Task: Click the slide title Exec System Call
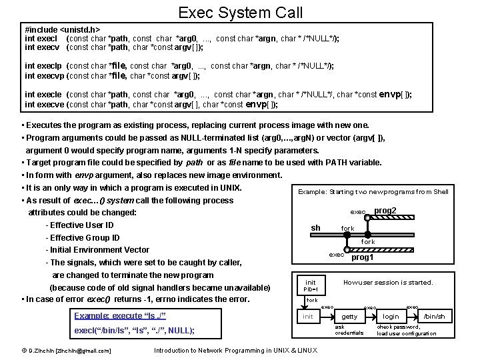(x=240, y=12)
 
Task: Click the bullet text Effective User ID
(x=82, y=225)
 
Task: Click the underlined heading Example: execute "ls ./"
(x=120, y=315)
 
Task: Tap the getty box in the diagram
(x=349, y=317)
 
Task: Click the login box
(x=391, y=317)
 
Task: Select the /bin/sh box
(x=434, y=317)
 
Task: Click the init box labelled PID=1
(x=311, y=285)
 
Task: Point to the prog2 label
(x=385, y=211)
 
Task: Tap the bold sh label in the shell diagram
(x=316, y=228)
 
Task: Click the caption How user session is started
(x=388, y=282)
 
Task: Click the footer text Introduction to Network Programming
(x=235, y=351)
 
